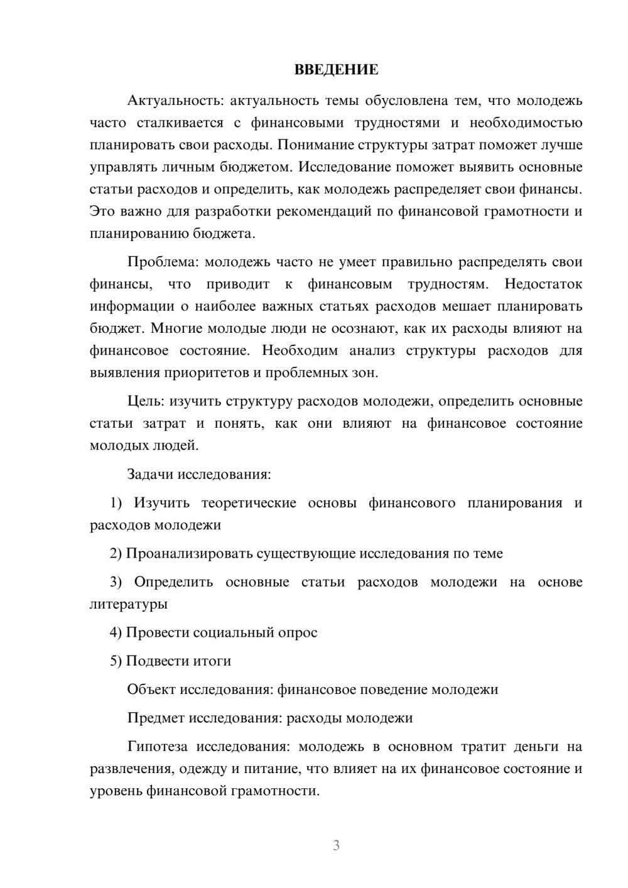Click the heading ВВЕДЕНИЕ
(x=336, y=70)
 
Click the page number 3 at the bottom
(x=336, y=845)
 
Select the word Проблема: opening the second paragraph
(x=163, y=262)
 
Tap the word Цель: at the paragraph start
(x=146, y=401)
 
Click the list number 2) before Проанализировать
(x=116, y=553)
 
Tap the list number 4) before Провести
(x=116, y=632)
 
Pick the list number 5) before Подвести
(x=116, y=661)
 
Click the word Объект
(x=151, y=690)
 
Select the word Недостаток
(x=543, y=284)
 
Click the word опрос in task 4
(x=298, y=632)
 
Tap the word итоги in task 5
(x=213, y=661)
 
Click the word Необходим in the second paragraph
(x=300, y=350)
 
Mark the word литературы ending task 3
(x=129, y=604)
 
